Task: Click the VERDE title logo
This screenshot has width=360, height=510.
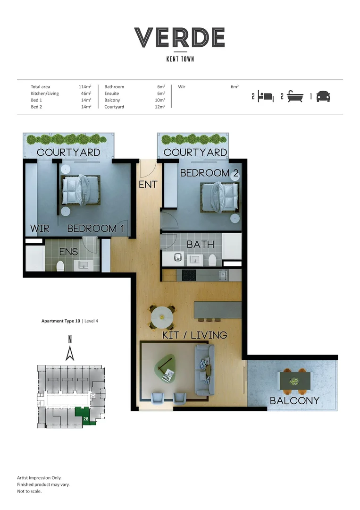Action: (x=180, y=37)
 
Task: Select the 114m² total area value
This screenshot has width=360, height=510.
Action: (x=85, y=86)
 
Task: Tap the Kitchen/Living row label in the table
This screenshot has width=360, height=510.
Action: (x=45, y=93)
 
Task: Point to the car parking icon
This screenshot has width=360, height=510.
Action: (x=323, y=97)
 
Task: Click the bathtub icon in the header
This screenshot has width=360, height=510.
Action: (x=295, y=96)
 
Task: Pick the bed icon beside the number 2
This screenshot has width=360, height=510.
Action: (x=266, y=97)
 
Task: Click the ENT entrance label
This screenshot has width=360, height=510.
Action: (x=148, y=185)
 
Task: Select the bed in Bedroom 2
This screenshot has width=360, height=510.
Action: (x=220, y=197)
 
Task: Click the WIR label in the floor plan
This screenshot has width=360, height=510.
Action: (x=40, y=229)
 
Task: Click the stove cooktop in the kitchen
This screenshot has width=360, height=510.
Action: (x=189, y=275)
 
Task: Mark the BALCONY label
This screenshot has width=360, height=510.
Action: (x=295, y=401)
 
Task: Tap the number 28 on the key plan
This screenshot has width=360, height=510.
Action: (x=86, y=419)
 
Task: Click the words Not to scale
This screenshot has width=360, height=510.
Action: (x=29, y=491)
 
